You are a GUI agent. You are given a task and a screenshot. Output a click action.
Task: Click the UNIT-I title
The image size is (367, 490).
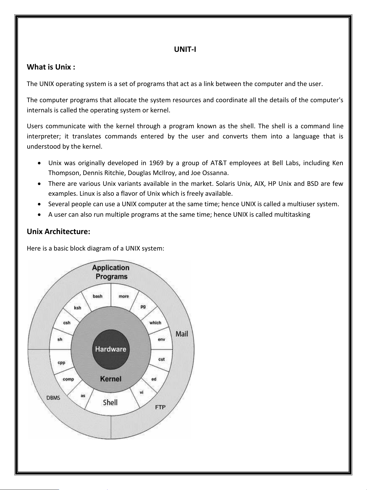(x=185, y=49)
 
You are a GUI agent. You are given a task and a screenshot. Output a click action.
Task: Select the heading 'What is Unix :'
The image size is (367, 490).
(x=51, y=67)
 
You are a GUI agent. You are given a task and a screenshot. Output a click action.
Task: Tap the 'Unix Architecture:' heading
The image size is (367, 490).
(x=58, y=232)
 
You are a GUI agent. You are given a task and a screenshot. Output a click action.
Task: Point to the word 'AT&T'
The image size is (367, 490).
(x=218, y=163)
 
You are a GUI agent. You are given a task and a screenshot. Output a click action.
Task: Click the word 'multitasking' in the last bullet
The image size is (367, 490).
(x=292, y=215)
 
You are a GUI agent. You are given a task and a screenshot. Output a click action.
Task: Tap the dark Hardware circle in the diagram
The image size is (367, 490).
(x=111, y=349)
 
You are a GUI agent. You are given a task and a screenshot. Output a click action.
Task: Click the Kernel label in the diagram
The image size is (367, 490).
(x=111, y=379)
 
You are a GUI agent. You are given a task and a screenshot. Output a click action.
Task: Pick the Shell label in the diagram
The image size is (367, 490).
(x=110, y=402)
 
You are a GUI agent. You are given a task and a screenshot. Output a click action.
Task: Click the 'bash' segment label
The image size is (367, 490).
(x=98, y=296)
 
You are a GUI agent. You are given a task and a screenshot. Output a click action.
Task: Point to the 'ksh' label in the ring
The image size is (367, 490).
(x=78, y=308)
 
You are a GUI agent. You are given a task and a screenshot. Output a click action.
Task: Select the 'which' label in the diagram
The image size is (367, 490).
(x=155, y=323)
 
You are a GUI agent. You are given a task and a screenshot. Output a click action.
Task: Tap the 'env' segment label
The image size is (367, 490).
(x=161, y=339)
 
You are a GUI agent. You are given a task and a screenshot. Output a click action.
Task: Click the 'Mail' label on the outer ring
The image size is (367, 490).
(x=182, y=334)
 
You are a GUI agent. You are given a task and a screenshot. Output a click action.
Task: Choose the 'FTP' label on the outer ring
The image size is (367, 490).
(x=160, y=407)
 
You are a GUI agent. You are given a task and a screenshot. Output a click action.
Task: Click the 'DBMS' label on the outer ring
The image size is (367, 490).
(x=53, y=398)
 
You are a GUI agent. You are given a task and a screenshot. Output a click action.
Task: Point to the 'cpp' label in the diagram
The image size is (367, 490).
(x=61, y=363)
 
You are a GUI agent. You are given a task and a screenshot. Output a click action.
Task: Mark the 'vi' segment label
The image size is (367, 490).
(x=141, y=392)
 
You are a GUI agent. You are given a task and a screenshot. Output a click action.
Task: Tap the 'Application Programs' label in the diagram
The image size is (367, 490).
(x=111, y=272)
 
